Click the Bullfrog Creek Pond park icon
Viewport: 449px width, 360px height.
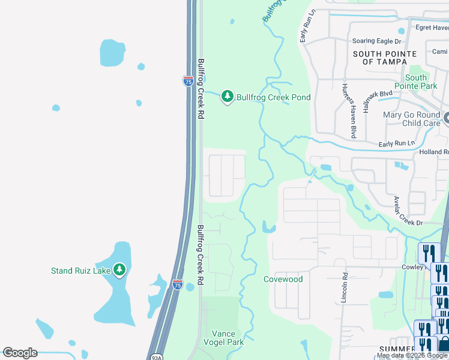pos(227,96)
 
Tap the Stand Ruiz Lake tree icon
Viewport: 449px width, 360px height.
pos(119,270)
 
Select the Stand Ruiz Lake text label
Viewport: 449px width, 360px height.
pos(81,271)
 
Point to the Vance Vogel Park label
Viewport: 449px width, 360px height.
pos(228,338)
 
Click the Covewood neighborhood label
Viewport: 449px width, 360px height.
pos(283,279)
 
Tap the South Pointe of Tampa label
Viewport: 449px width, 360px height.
pos(385,58)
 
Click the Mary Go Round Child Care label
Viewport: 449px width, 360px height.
pos(411,119)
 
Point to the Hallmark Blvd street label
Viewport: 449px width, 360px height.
pos(378,101)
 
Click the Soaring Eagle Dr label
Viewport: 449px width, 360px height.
pos(377,41)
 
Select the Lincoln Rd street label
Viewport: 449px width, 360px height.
pos(345,288)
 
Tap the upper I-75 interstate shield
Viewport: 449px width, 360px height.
pos(188,81)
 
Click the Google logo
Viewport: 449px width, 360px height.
pos(20,353)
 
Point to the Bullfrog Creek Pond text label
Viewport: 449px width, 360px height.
pos(273,97)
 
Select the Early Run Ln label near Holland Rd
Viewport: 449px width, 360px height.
pos(396,144)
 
